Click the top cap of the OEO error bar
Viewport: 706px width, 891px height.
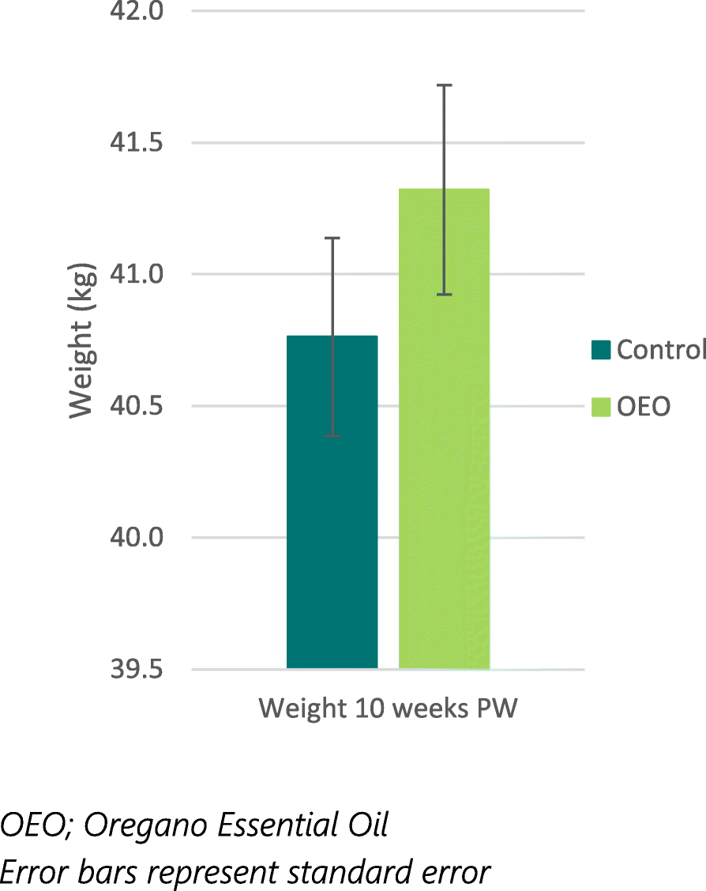pos(445,85)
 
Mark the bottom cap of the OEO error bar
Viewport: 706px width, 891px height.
pos(445,294)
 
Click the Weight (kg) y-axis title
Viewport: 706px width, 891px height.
pos(82,340)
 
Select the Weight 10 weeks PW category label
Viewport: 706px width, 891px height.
pos(388,708)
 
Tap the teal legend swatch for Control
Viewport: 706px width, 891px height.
pos(600,349)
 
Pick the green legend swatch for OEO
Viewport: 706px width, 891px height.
pos(600,407)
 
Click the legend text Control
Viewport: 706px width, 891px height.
pos(661,349)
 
